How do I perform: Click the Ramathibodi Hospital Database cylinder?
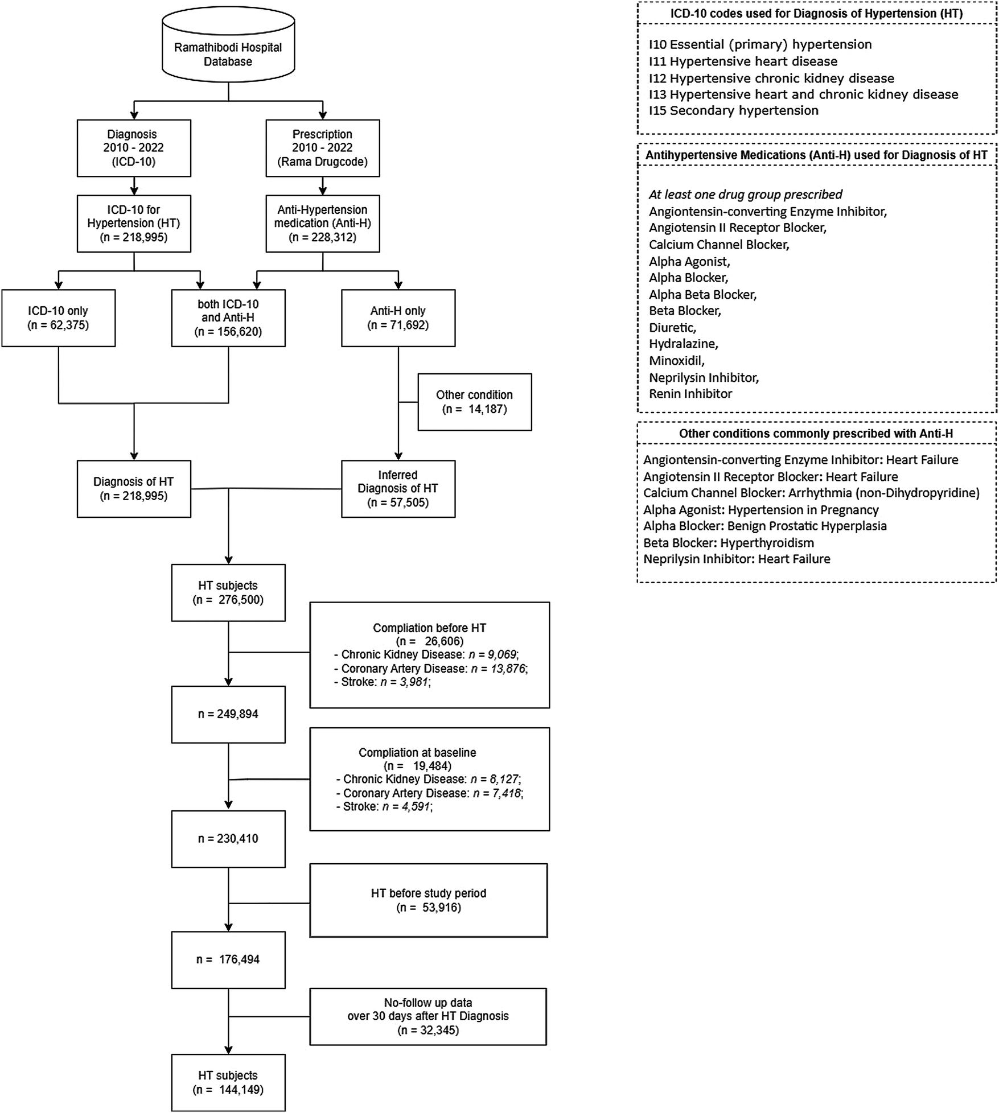[228, 48]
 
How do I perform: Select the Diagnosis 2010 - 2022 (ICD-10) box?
[134, 148]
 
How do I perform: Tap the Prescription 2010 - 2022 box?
[323, 148]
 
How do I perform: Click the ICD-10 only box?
[58, 318]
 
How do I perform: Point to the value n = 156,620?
[228, 332]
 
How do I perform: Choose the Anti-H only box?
[398, 318]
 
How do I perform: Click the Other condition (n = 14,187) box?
[474, 402]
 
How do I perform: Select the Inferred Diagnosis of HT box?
[398, 488]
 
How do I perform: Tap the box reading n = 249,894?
[228, 714]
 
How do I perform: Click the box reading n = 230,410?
[228, 839]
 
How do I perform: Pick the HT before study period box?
[429, 900]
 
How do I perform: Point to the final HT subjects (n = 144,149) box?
[228, 1083]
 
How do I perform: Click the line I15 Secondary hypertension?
[733, 111]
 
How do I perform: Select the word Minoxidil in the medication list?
[676, 361]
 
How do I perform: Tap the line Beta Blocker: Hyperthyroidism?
[728, 543]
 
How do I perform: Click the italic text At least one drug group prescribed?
[745, 195]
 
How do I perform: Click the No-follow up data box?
[428, 1016]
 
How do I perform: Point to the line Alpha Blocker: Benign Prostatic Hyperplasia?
[764, 526]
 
